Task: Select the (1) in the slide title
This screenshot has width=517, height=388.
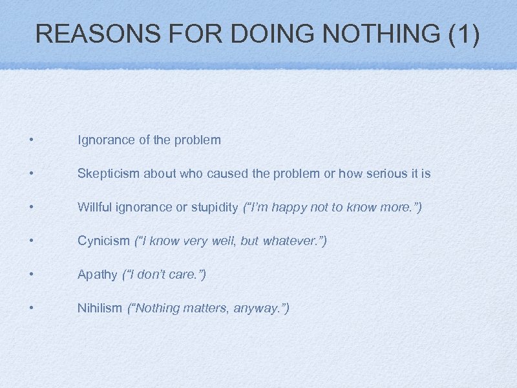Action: [463, 34]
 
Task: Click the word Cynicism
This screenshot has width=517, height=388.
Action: [103, 241]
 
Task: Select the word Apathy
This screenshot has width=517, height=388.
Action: [97, 274]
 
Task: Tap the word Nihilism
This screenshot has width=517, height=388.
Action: [100, 308]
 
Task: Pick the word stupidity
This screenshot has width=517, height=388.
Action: [215, 207]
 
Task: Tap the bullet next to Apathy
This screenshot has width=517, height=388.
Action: [30, 275]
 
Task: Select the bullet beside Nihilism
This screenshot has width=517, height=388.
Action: [30, 308]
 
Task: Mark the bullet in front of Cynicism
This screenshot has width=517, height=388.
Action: [30, 241]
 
